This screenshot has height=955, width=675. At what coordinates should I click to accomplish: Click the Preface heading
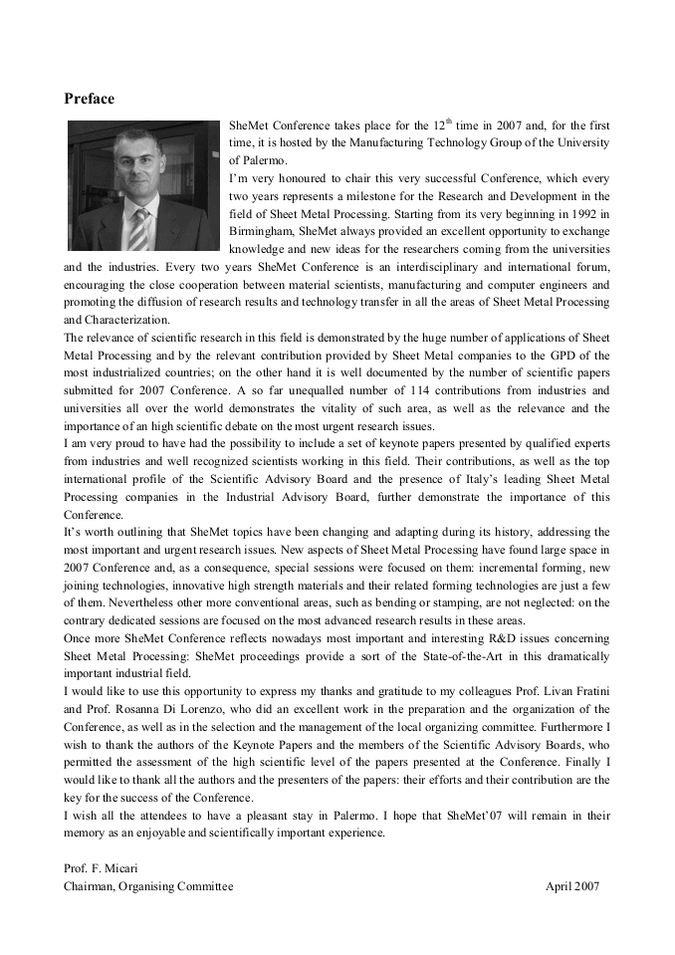(x=89, y=99)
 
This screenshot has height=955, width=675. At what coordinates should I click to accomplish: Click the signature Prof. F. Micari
(x=101, y=868)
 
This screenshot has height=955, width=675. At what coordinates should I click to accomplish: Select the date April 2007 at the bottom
(x=572, y=885)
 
